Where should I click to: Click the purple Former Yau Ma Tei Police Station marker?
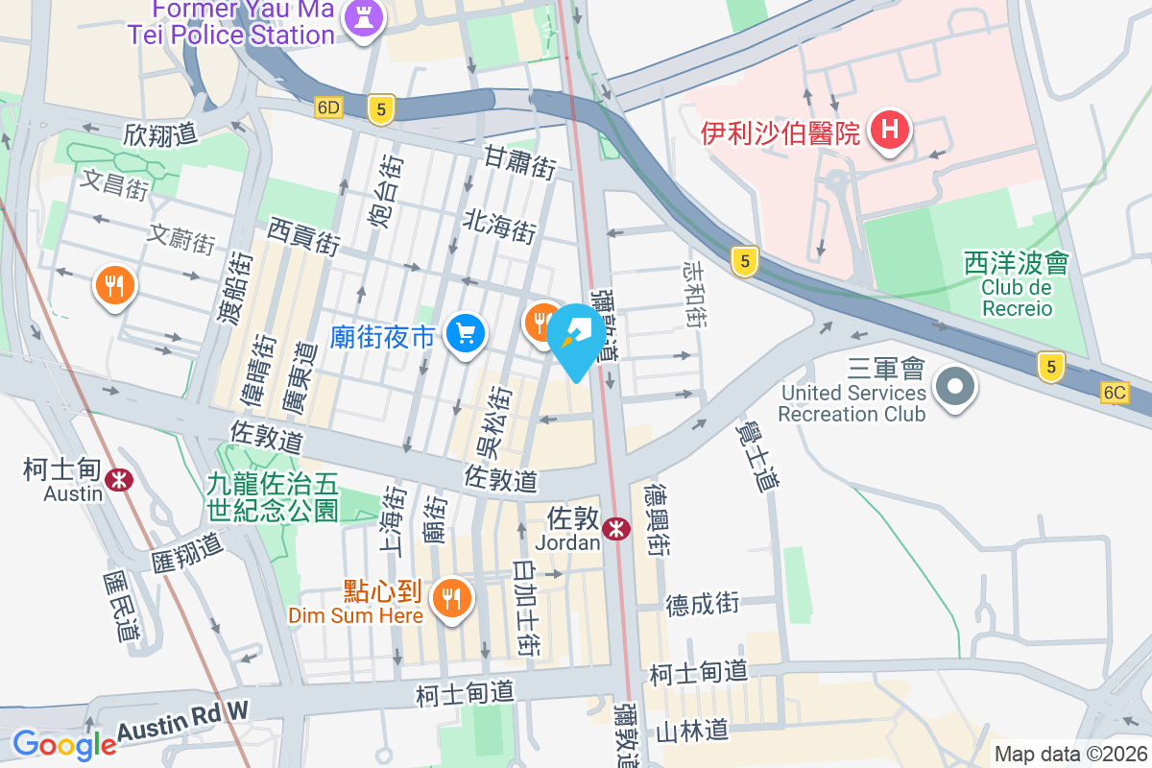click(363, 18)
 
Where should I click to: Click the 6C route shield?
click(1115, 393)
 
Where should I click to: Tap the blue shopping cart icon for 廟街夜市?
click(467, 334)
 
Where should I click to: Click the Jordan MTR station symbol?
click(616, 528)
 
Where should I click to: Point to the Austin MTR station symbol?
click(120, 478)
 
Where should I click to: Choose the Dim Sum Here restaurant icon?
click(449, 598)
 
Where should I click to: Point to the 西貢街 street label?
click(303, 235)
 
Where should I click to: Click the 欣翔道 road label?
click(160, 134)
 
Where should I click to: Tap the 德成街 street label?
click(703, 603)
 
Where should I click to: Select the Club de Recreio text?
click(1017, 298)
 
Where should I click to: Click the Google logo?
click(63, 745)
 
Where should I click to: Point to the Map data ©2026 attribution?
click(1069, 755)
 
